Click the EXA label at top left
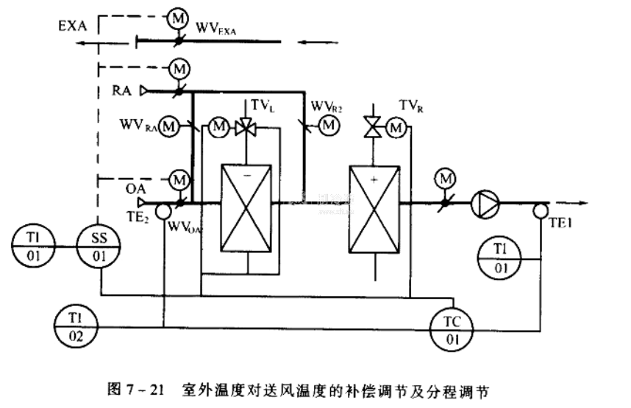click(x=73, y=26)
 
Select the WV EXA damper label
click(x=219, y=29)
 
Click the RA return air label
click(x=123, y=91)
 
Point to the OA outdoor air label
click(x=135, y=188)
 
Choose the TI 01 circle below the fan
click(x=501, y=257)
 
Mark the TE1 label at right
click(x=564, y=220)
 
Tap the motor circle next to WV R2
click(x=328, y=126)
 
